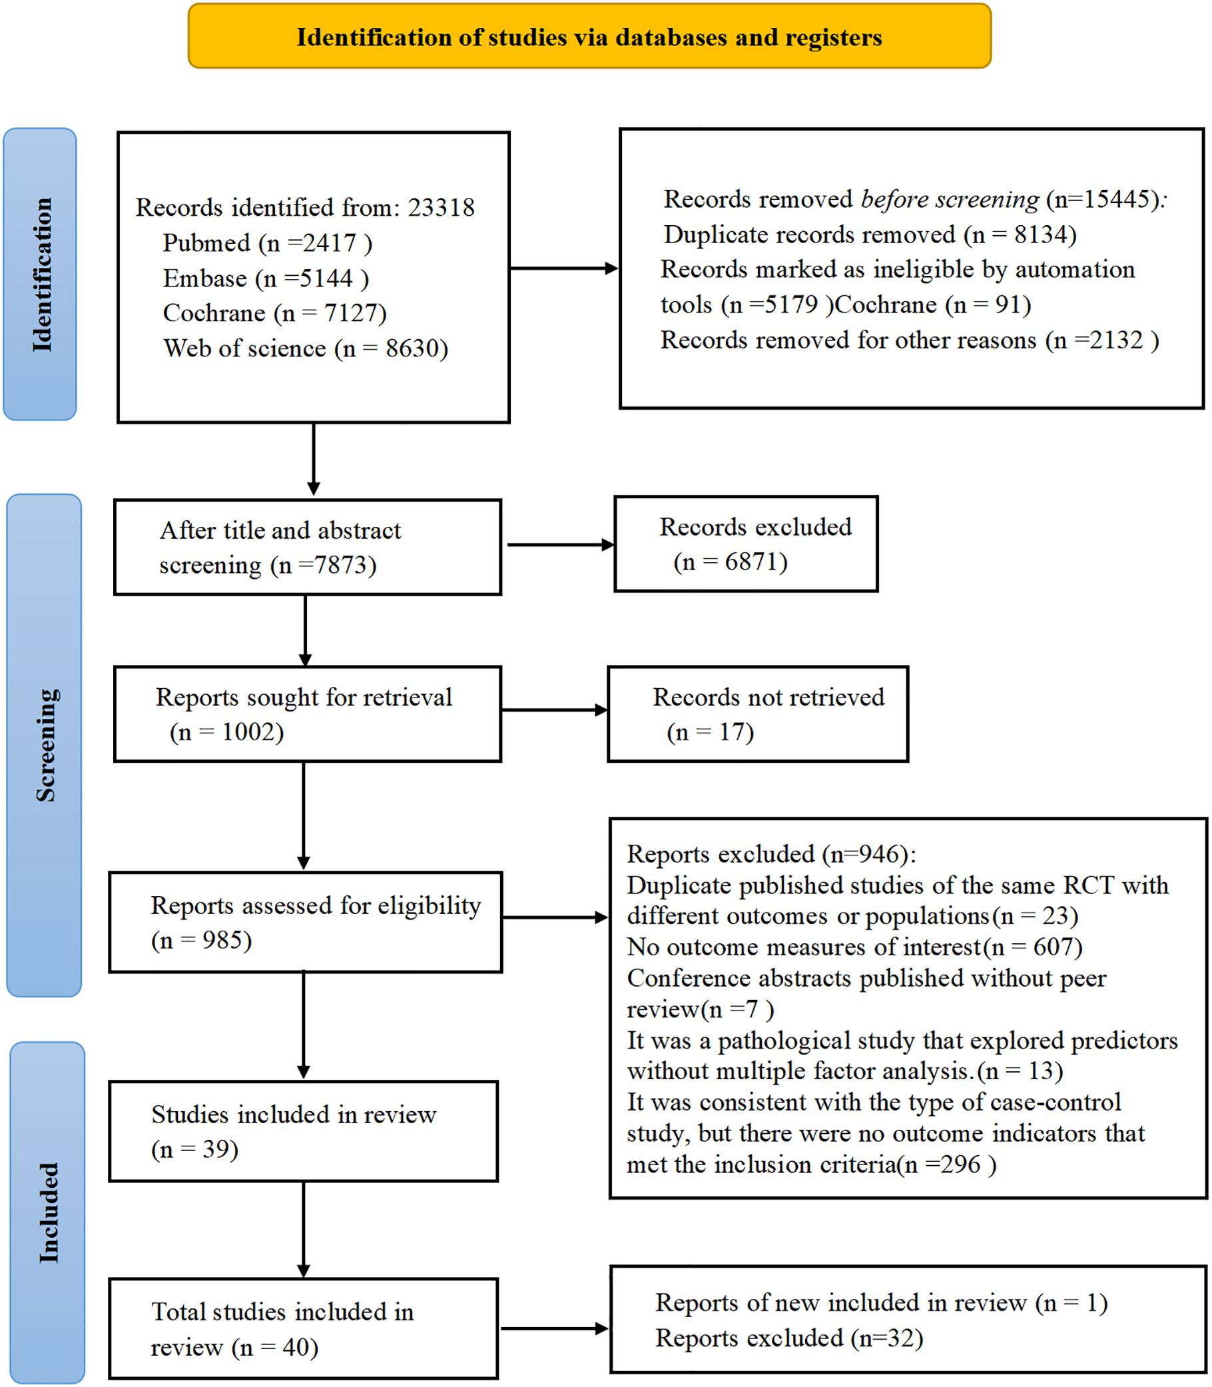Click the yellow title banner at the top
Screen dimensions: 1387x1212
pos(589,37)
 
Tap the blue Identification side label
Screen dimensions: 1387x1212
pos(40,274)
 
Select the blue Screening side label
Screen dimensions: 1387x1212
pos(44,744)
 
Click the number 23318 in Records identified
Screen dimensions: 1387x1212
pos(441,208)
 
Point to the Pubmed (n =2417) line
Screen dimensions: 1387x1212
pos(267,243)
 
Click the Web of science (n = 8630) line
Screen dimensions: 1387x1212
pos(306,348)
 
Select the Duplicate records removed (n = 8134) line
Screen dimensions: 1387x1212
pos(870,234)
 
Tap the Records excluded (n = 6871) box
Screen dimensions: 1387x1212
pos(745,544)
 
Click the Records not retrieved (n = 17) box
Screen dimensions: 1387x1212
pos(758,713)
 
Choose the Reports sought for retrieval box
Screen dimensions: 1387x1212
pos(307,713)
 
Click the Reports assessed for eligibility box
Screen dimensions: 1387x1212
pos(306,922)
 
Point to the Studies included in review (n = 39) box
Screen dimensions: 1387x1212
pos(303,1131)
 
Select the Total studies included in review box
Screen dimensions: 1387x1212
pos(303,1329)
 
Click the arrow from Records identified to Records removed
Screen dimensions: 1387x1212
pos(563,268)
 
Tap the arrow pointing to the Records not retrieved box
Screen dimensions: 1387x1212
pos(555,709)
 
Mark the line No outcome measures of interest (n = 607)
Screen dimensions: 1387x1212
pos(854,947)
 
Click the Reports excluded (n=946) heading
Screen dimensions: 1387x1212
pos(771,855)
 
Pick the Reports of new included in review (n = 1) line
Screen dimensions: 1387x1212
pos(880,1302)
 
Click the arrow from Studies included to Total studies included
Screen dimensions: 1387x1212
pos(304,1229)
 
